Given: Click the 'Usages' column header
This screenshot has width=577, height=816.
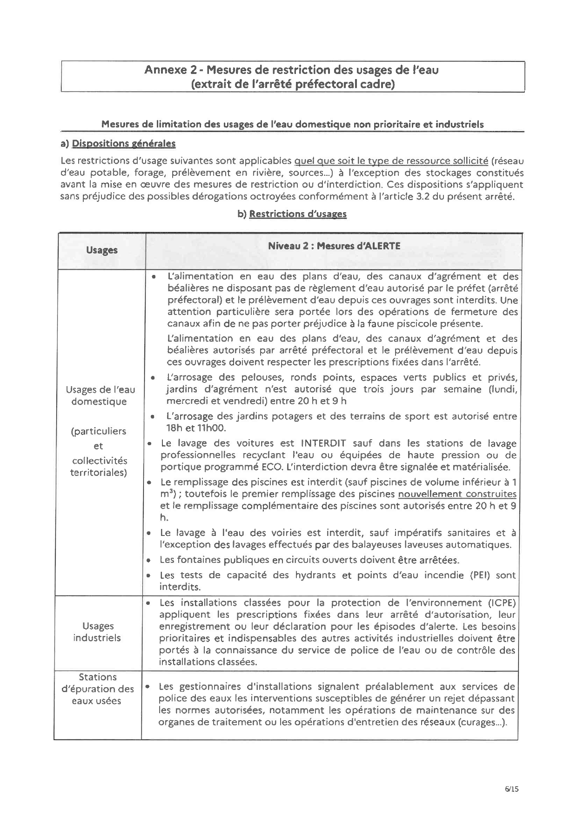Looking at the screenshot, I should pyautogui.click(x=101, y=250).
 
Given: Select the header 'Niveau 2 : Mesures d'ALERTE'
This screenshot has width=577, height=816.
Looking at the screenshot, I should pyautogui.click(x=334, y=246).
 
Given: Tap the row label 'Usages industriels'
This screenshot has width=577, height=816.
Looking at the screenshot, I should pyautogui.click(x=97, y=632).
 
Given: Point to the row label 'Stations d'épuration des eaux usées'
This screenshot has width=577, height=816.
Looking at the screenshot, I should pyautogui.click(x=97, y=689).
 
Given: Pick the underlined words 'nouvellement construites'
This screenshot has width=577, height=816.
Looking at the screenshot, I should pyautogui.click(x=457, y=494).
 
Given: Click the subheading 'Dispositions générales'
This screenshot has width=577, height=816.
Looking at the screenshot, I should pyautogui.click(x=124, y=143).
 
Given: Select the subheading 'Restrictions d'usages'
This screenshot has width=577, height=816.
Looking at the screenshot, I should pyautogui.click(x=298, y=214).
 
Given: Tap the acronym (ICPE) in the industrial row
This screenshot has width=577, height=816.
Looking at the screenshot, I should pyautogui.click(x=502, y=602).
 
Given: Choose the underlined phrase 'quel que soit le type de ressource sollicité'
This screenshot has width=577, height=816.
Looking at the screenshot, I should pyautogui.click(x=391, y=161).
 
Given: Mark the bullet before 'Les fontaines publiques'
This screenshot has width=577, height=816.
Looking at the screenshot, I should pyautogui.click(x=148, y=560).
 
